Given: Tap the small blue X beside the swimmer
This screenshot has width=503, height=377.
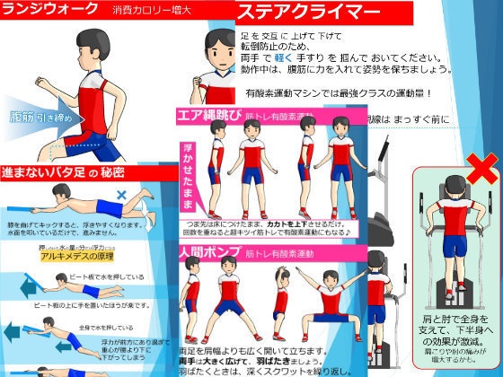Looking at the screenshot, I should [122, 194].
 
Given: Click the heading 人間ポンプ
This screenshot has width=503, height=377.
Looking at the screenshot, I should [208, 254].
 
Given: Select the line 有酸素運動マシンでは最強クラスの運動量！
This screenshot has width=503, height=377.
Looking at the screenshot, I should [337, 92].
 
